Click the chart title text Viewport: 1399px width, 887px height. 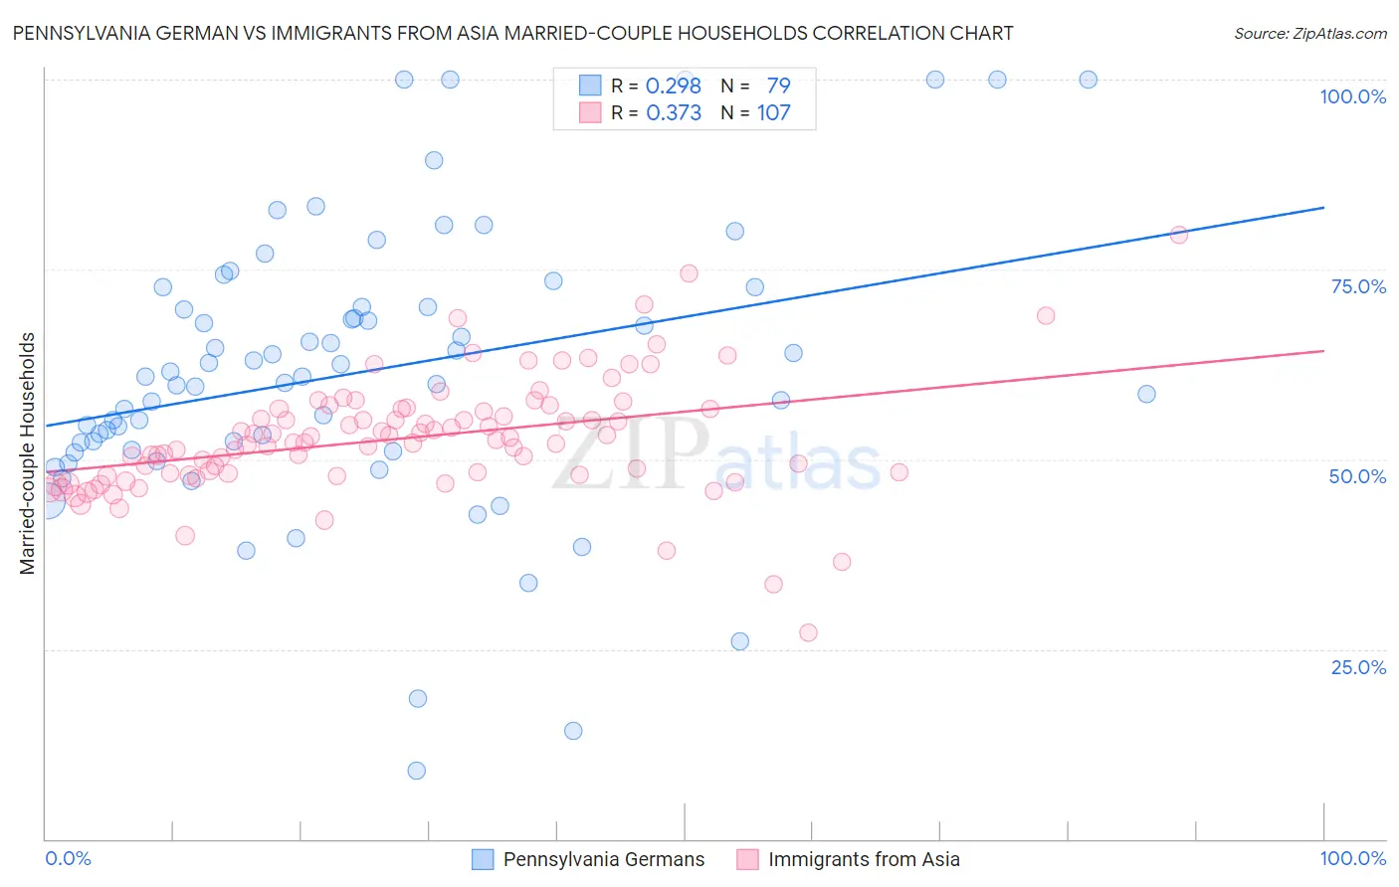[x=512, y=33]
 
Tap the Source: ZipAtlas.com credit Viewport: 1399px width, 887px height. [x=1309, y=33]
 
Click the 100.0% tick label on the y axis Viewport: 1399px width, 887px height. [x=1352, y=96]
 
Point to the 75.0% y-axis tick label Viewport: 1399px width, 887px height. [x=1358, y=286]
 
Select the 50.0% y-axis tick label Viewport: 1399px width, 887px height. [x=1357, y=476]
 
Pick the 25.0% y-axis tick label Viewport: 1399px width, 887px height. [x=1358, y=666]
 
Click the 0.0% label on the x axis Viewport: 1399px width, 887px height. [x=68, y=858]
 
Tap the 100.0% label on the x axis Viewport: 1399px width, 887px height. [x=1352, y=858]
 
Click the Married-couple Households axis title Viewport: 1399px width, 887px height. [x=28, y=453]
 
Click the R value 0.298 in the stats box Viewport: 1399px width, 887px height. [x=674, y=86]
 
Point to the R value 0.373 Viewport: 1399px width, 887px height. [x=674, y=112]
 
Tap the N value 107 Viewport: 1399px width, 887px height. [x=773, y=112]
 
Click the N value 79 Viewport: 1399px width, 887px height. [x=778, y=86]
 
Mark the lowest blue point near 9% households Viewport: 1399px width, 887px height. [x=417, y=771]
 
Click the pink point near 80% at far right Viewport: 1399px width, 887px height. [x=1179, y=235]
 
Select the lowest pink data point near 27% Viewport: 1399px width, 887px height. [x=808, y=632]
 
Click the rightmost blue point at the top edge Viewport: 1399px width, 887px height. [x=1089, y=80]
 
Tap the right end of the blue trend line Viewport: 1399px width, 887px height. [x=1323, y=207]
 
